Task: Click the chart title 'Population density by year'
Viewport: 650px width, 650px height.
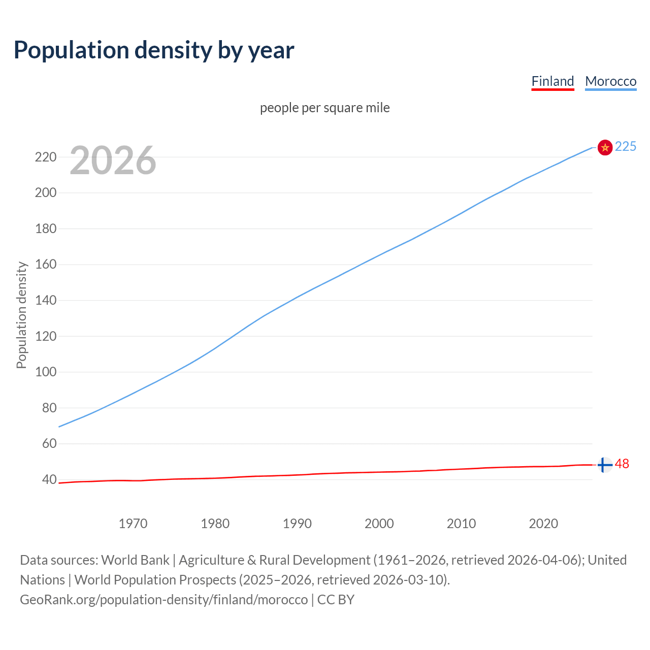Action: coord(154,50)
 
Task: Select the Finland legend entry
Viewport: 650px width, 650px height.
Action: coord(552,81)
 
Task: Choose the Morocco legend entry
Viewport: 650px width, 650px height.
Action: coord(610,81)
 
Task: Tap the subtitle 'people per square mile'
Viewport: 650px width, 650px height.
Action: coord(324,108)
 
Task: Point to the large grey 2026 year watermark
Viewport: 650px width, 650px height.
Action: coord(113,160)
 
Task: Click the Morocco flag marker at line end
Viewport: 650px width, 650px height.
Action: coord(605,147)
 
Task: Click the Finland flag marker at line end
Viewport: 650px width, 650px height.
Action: coord(604,465)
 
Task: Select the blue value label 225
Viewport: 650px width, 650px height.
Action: coord(625,146)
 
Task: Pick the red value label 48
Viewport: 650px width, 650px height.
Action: coord(622,464)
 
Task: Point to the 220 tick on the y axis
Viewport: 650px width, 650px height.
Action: coord(46,157)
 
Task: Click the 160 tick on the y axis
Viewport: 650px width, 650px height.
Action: coord(46,265)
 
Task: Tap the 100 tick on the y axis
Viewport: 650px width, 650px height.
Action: coord(46,372)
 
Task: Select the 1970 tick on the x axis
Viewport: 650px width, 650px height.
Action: coord(133,524)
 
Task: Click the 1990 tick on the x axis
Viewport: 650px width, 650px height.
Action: coord(297,524)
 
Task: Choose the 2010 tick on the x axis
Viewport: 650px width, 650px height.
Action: coord(461,524)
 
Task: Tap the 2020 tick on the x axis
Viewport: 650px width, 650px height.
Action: coord(543,524)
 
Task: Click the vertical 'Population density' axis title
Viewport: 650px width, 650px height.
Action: coord(21,315)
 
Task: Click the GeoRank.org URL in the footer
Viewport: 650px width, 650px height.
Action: coord(164,600)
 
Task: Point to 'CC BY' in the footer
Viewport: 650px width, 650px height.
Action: coord(336,600)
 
